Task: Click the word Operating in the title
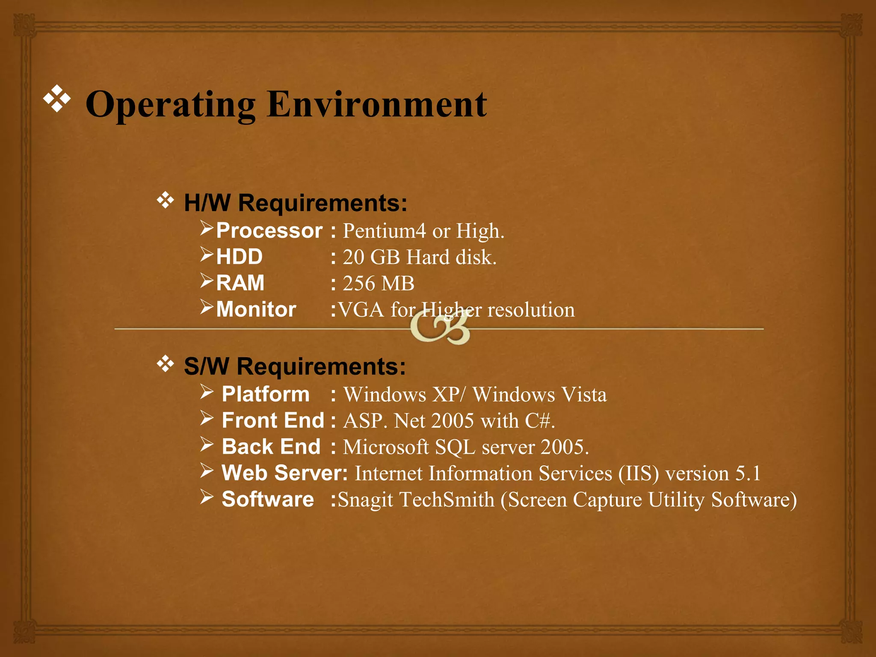171,105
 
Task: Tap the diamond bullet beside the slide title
57,98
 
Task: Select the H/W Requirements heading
295,203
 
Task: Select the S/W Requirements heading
295,367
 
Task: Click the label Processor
269,231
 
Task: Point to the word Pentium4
384,231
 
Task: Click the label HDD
239,257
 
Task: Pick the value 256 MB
379,284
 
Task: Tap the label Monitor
256,309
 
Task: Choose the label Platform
266,394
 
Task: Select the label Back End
271,447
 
